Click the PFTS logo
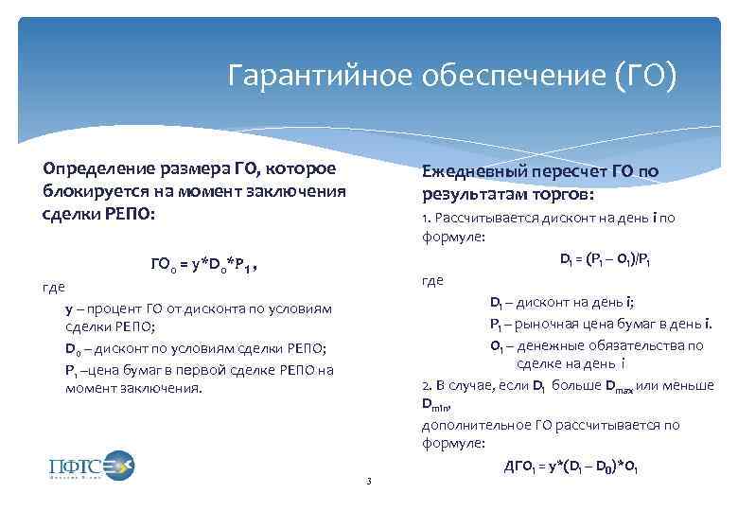click(x=91, y=466)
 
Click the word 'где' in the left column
click(x=54, y=287)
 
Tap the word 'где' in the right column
click(x=432, y=280)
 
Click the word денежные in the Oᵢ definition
click(x=553, y=345)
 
